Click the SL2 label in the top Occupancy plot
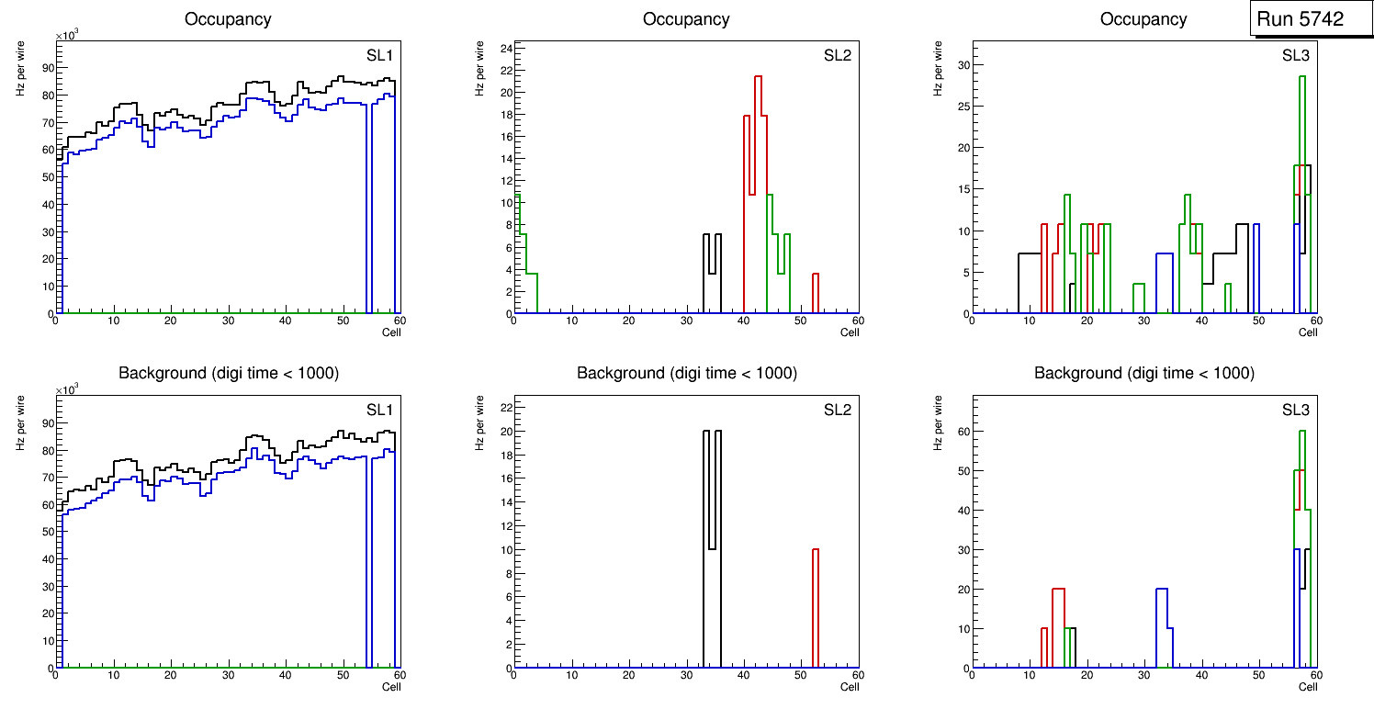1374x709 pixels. click(838, 55)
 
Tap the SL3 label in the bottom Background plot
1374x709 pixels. click(1296, 410)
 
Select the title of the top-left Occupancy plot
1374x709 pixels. click(228, 18)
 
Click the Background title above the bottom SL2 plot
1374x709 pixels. click(686, 373)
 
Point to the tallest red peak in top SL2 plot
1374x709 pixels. click(759, 77)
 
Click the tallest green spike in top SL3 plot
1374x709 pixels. click(1301, 77)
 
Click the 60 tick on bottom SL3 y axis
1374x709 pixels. click(963, 431)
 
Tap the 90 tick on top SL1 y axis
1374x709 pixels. click(46, 67)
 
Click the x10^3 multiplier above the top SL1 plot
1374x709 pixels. click(68, 35)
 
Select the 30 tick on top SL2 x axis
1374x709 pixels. click(685, 320)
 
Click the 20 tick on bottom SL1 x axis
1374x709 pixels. click(170, 674)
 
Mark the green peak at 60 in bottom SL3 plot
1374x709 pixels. click(1301, 432)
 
